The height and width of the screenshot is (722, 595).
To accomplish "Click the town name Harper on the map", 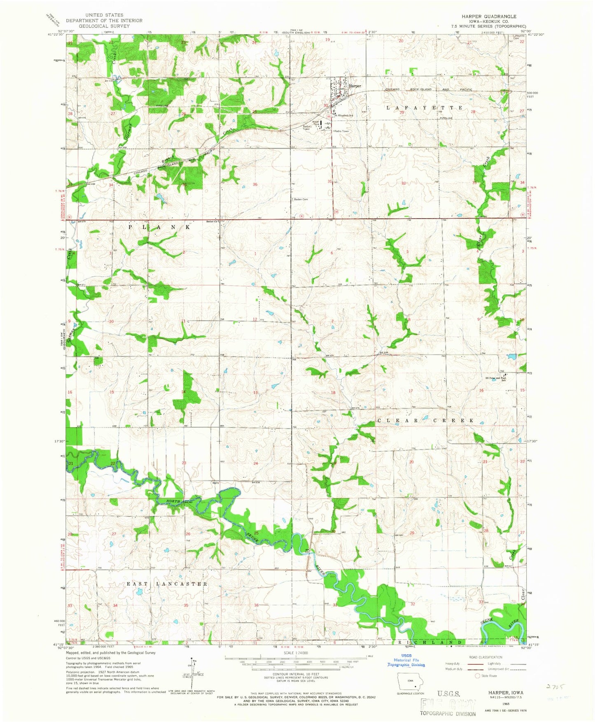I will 355,86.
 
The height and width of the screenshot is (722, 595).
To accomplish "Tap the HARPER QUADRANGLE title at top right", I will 488,16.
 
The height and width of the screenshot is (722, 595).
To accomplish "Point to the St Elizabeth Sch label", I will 345,116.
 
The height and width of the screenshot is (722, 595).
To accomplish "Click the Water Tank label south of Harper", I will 316,122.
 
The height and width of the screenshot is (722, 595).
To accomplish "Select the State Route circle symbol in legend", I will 478,675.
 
